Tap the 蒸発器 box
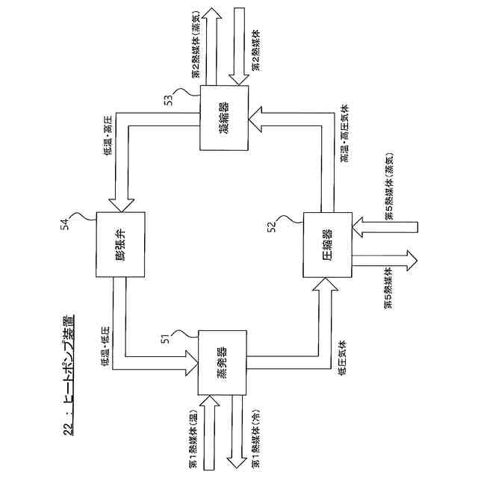(x=221, y=361)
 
